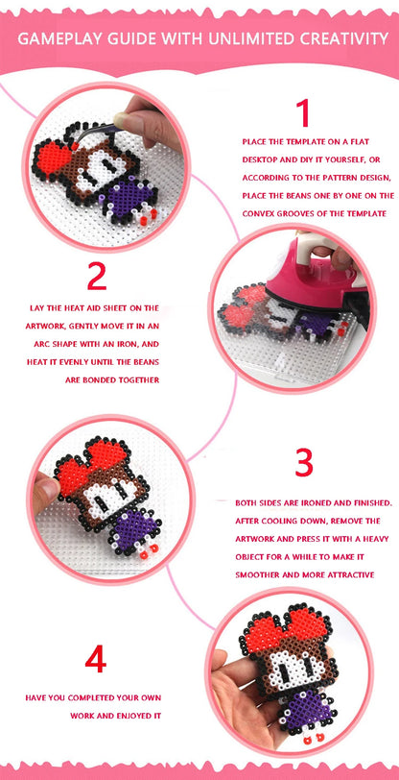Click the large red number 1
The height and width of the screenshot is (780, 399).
pos(303,113)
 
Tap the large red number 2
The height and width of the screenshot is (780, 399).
pos(96,277)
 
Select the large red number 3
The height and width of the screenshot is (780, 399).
pos(303,463)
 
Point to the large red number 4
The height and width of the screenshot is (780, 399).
pos(95,659)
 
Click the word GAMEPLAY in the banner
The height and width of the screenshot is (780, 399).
pos(59,38)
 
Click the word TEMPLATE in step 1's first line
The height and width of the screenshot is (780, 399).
pos(288,141)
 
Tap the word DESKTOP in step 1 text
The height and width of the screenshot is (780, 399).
pos(263,159)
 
